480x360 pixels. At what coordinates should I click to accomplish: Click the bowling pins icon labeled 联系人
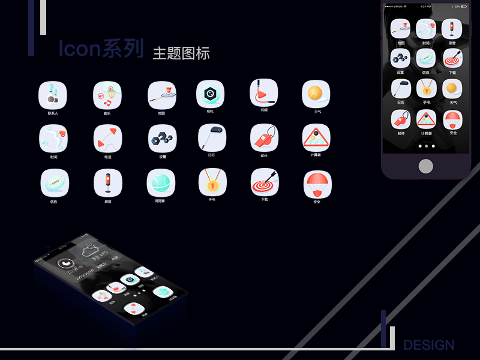(x=53, y=94)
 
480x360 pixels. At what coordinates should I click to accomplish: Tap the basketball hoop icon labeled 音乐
(x=107, y=95)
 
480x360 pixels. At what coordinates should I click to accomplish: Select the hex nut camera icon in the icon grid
(x=210, y=94)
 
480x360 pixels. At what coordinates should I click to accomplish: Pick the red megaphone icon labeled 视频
(x=264, y=93)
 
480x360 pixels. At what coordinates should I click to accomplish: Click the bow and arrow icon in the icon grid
(x=53, y=138)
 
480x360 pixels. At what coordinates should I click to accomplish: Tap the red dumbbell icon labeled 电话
(x=107, y=138)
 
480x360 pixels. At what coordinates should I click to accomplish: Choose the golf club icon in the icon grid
(x=212, y=137)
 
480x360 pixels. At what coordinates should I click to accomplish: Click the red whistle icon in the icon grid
(x=265, y=137)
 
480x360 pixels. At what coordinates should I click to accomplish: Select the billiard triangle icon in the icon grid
(x=316, y=137)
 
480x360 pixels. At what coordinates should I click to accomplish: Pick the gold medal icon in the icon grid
(x=212, y=182)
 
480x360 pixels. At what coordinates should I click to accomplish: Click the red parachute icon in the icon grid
(x=317, y=184)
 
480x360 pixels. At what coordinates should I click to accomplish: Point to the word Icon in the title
(x=79, y=49)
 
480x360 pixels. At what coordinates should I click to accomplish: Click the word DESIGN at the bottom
(x=428, y=345)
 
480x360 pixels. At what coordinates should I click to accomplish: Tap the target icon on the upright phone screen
(x=452, y=58)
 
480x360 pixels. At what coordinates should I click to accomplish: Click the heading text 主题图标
(x=181, y=53)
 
